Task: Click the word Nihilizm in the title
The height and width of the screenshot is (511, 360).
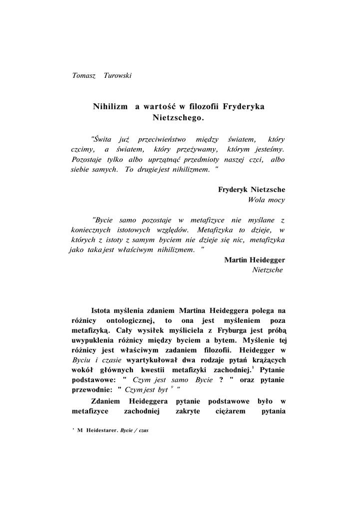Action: [110, 106]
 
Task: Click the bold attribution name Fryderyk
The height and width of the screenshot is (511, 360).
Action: [234, 190]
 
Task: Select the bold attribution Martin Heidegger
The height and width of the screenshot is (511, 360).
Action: [255, 260]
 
